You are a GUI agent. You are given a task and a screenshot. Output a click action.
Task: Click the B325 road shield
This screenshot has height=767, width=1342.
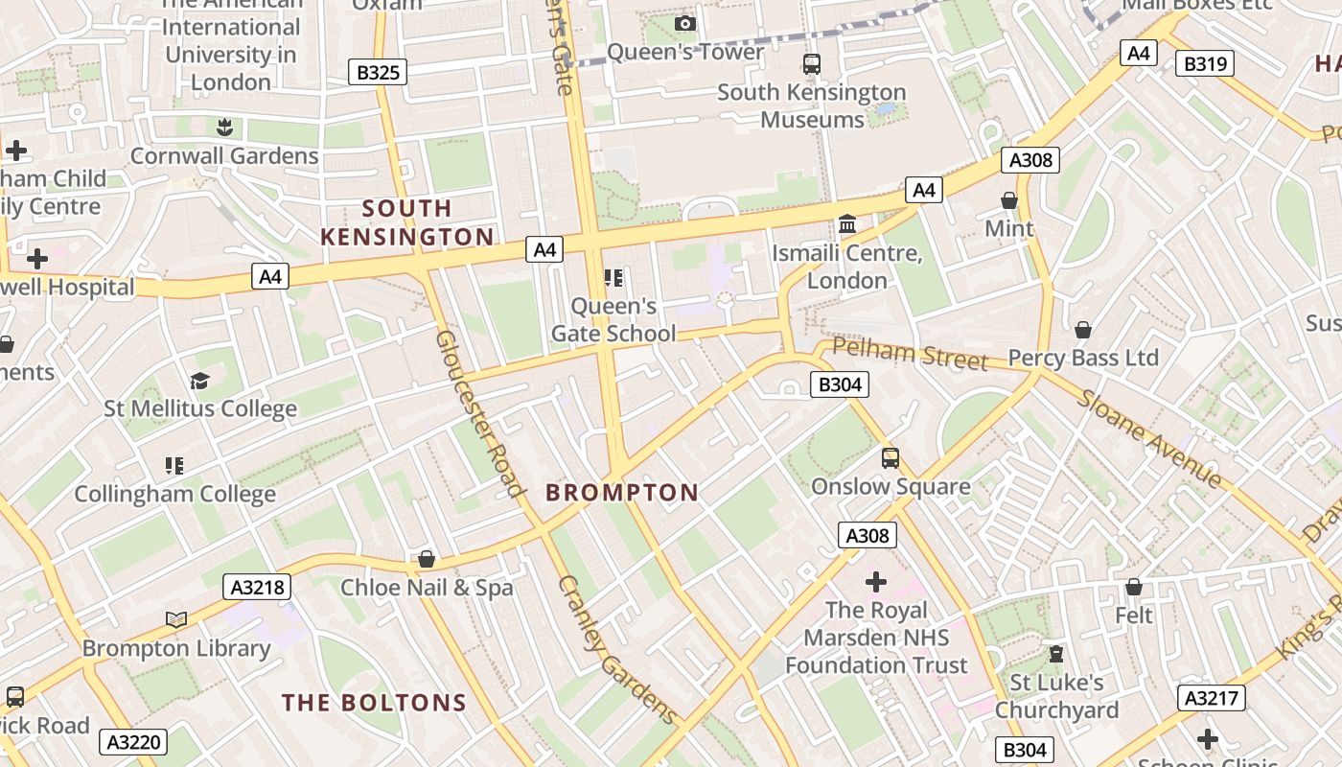(378, 72)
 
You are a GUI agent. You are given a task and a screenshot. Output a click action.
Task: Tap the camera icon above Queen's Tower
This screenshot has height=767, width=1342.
(684, 23)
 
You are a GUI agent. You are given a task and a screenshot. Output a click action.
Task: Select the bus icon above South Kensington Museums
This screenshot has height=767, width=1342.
(812, 64)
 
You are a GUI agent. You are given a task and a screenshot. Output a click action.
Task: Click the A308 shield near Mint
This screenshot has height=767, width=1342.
(1030, 160)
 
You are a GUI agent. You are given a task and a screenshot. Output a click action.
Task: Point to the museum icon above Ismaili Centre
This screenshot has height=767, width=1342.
(847, 224)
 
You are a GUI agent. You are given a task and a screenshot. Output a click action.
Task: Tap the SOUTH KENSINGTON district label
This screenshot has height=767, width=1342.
(406, 222)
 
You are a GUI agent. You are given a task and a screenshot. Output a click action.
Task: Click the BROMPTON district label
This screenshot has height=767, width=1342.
(622, 493)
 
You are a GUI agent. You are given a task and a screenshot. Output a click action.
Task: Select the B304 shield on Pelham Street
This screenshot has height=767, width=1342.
(840, 385)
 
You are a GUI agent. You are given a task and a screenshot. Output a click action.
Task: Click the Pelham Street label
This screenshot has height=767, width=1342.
(909, 354)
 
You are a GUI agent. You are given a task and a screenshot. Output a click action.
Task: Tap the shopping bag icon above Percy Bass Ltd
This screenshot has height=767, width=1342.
(1083, 330)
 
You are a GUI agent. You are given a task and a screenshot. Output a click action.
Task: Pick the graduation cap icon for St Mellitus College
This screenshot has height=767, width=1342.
(199, 382)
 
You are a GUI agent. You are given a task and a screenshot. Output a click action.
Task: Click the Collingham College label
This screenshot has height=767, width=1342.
(175, 495)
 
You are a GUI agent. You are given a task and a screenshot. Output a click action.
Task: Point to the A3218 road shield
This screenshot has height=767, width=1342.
(257, 587)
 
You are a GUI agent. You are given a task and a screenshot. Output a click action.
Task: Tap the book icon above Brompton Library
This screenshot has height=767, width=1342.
(175, 620)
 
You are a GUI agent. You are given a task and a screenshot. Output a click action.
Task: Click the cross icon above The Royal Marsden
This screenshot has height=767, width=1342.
(875, 581)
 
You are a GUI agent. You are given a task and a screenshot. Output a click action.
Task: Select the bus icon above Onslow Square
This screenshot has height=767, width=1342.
(891, 457)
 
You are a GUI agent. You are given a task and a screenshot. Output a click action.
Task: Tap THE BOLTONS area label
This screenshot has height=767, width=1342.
(374, 703)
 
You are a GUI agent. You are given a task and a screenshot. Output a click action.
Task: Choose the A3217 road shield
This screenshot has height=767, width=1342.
(1212, 698)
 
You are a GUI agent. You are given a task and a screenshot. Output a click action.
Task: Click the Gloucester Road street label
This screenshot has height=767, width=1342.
(480, 414)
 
